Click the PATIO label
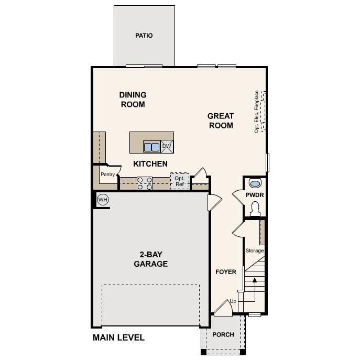click(x=144, y=36)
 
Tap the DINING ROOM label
click(x=133, y=100)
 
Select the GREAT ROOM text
click(x=221, y=121)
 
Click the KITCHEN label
click(x=150, y=164)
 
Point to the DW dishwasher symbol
click(x=167, y=146)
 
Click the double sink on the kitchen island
click(x=151, y=147)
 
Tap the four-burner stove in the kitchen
click(x=145, y=183)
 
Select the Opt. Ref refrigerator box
click(x=179, y=181)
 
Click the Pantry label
click(x=107, y=174)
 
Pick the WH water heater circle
click(x=103, y=200)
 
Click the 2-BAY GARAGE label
click(x=150, y=259)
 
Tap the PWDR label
click(x=254, y=195)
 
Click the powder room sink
click(x=255, y=183)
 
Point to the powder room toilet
click(x=255, y=209)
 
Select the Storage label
click(x=255, y=250)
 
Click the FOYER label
click(x=226, y=272)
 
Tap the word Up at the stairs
click(x=233, y=301)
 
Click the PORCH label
click(x=223, y=335)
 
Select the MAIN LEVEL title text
click(x=118, y=337)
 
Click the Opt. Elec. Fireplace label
click(x=257, y=112)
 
